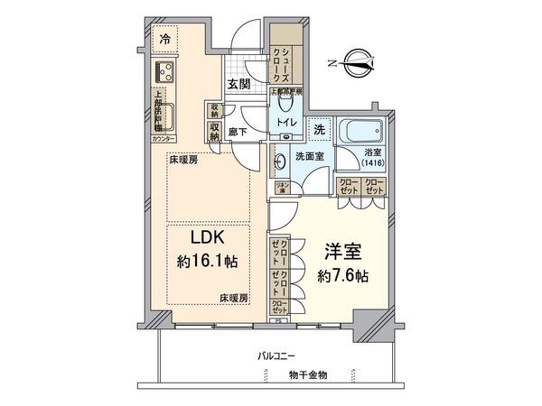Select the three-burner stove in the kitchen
164,72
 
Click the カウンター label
163,141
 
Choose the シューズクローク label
284,64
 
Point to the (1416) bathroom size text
372,163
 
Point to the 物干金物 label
309,374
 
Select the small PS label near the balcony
279,318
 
